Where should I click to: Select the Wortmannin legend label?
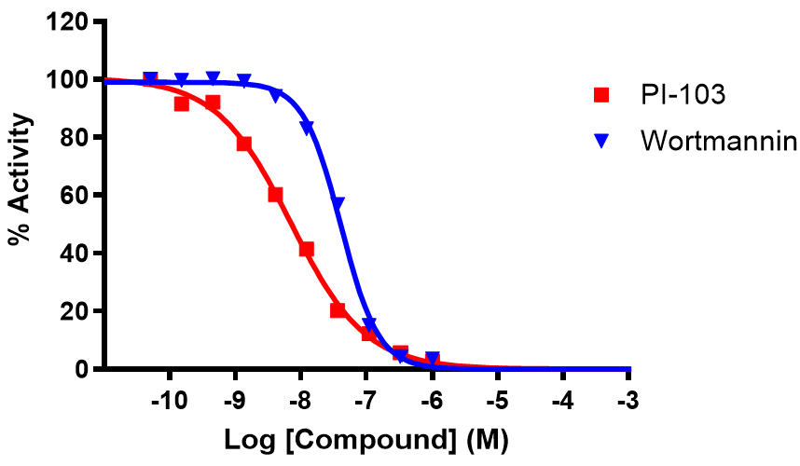coord(718,142)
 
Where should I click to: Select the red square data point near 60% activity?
coord(275,195)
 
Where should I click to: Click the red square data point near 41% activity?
coord(306,249)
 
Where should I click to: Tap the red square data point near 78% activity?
coord(244,144)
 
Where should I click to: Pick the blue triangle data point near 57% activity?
coord(338,203)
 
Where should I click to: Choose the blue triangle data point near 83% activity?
coord(307,128)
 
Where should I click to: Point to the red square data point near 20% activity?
coord(338,310)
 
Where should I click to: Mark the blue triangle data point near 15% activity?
coord(369,324)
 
